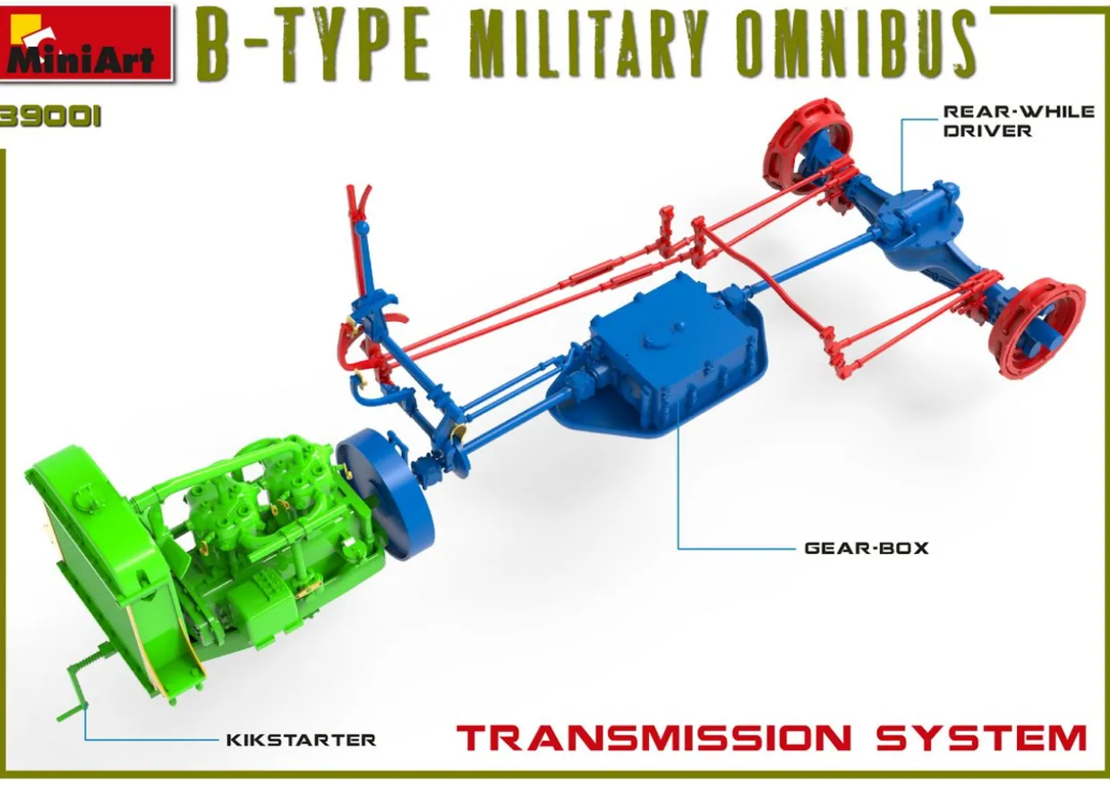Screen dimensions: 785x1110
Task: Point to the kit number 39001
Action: click(x=49, y=118)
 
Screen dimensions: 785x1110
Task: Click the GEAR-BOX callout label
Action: click(x=866, y=547)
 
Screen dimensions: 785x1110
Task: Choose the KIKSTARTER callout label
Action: click(x=301, y=739)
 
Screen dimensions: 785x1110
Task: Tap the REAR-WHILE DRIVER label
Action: click(x=1018, y=121)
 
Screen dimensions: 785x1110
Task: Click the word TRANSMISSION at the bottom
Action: click(x=653, y=739)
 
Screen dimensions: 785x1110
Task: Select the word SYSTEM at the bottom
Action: click(x=981, y=739)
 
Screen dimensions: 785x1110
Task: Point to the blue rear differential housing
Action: click(x=922, y=224)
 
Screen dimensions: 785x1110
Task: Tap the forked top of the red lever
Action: click(x=359, y=199)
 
